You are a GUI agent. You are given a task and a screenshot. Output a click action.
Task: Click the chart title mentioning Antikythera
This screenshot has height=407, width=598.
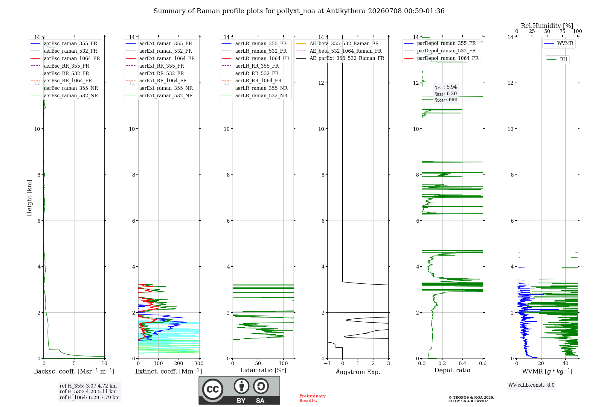[299, 11]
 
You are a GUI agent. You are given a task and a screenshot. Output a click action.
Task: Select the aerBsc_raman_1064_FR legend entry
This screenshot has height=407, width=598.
[65, 58]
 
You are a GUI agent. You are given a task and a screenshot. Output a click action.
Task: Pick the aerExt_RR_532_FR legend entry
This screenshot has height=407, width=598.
[155, 73]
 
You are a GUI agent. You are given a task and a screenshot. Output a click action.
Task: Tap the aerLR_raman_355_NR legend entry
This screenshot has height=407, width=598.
[254, 88]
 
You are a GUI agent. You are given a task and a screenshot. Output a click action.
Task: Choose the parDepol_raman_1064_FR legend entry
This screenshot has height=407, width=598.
[441, 58]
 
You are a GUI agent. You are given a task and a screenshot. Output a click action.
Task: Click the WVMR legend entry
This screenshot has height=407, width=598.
[559, 43]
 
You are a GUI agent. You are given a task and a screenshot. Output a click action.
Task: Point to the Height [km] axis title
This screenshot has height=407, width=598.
[29, 198]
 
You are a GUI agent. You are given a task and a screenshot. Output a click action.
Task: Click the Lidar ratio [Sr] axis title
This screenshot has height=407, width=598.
[263, 370]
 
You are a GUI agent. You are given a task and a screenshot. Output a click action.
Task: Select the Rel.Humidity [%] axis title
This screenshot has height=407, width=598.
[547, 26]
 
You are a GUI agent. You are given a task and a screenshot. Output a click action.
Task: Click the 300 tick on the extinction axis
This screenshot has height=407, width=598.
[199, 363]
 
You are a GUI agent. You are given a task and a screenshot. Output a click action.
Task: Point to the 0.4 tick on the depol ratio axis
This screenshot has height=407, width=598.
[463, 363]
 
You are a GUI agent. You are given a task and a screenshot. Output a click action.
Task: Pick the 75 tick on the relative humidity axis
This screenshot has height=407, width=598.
[562, 31]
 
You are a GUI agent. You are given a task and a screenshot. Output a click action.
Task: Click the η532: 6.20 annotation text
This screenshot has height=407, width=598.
[446, 93]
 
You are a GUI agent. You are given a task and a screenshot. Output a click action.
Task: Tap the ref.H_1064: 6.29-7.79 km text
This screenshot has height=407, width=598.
[90, 397]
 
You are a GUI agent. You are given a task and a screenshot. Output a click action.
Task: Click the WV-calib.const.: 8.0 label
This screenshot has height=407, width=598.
[531, 385]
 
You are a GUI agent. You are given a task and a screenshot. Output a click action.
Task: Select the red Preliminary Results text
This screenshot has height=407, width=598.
[312, 398]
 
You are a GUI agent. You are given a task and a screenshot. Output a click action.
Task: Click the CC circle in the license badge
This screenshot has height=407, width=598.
[213, 389]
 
